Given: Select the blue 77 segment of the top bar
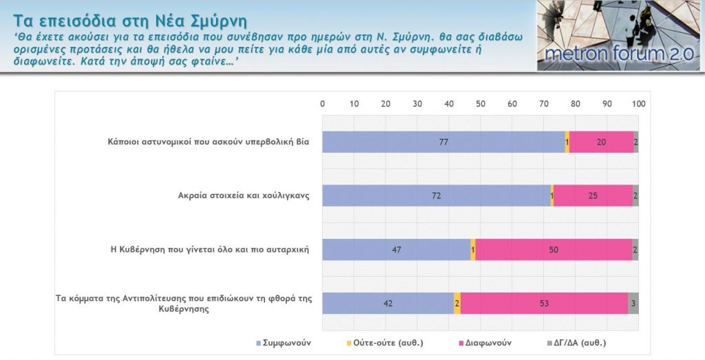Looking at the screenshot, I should tap(443, 142).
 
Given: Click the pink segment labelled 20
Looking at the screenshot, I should tap(601, 142).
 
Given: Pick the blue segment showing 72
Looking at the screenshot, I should tap(436, 195).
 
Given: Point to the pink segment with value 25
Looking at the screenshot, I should tap(593, 195).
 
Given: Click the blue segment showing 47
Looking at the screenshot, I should tap(397, 249).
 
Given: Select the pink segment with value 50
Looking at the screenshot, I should tap(554, 249).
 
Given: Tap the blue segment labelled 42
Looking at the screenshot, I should tap(388, 303).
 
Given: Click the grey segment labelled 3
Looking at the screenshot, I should tap(633, 303).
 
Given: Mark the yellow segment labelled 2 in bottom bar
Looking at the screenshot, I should tap(457, 303).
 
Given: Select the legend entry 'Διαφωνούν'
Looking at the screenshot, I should tap(485, 342).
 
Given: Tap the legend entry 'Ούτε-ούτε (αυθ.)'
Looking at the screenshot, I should tap(385, 342).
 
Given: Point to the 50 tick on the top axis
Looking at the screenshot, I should tap(481, 103).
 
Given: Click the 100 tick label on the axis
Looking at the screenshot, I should tap(638, 103).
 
